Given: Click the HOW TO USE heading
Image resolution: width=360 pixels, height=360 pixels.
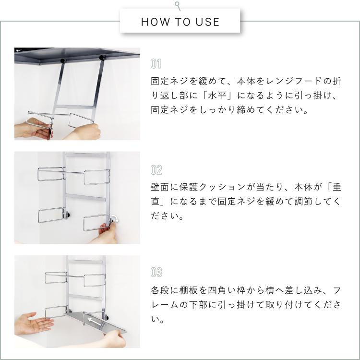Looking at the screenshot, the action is pyautogui.click(x=180, y=22).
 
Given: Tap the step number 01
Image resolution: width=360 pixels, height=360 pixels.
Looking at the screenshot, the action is pyautogui.click(x=156, y=63).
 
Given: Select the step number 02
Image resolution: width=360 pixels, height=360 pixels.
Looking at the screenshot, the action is pyautogui.click(x=156, y=170).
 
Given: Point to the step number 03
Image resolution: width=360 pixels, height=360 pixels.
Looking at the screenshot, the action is pyautogui.click(x=156, y=272).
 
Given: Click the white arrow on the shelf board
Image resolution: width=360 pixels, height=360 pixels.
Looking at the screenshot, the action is pyautogui.click(x=95, y=321).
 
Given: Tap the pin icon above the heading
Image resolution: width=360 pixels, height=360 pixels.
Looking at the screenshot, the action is pyautogui.click(x=178, y=6).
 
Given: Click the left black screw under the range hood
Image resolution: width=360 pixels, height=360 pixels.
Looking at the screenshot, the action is pyautogui.click(x=62, y=61).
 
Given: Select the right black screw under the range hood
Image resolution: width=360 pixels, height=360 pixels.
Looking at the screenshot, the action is pyautogui.click(x=102, y=58).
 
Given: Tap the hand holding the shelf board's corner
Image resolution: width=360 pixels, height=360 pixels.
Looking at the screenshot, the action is pyautogui.click(x=114, y=339).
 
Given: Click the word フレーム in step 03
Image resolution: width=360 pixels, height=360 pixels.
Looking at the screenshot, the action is pyautogui.click(x=165, y=305).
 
